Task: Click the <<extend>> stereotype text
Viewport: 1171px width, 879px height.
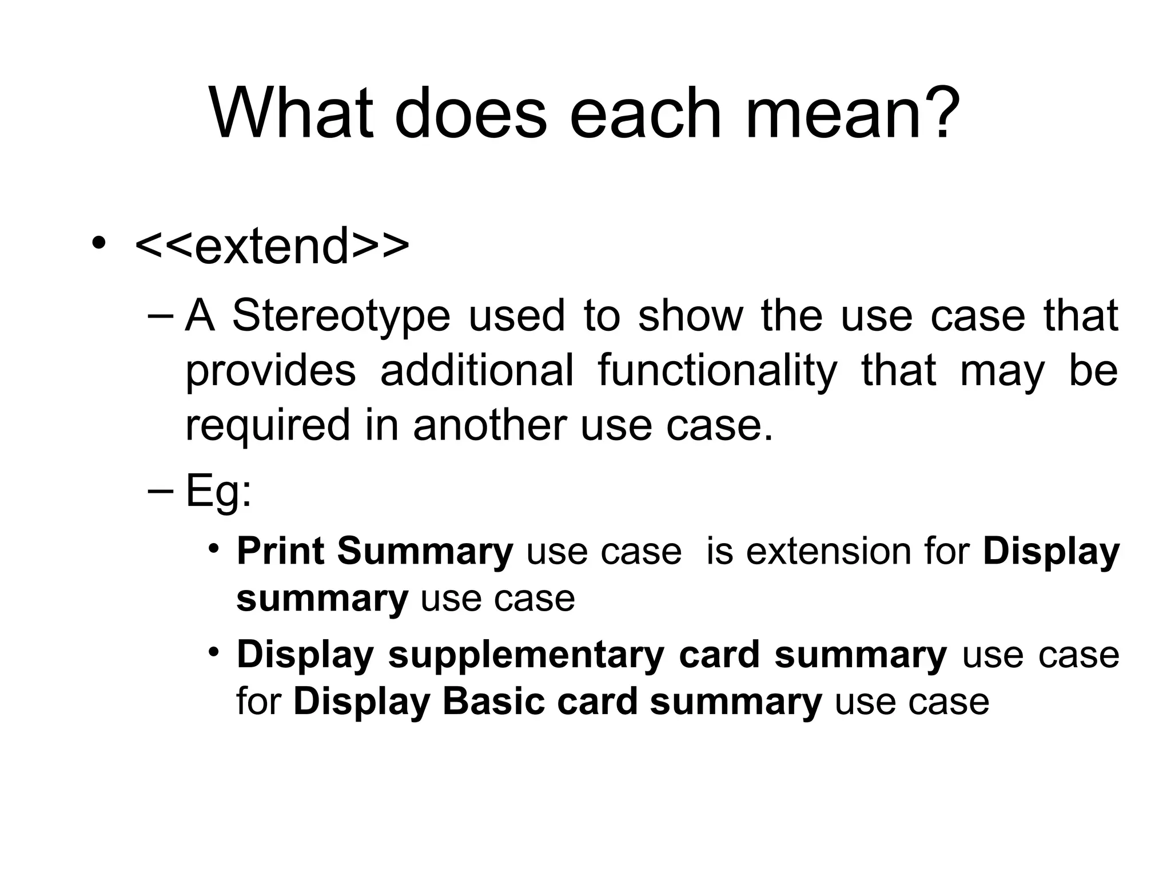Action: click(x=272, y=246)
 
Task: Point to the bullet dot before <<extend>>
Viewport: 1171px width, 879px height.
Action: click(x=99, y=243)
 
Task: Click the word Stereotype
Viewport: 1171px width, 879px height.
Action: click(x=341, y=315)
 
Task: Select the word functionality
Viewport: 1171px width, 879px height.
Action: click(x=717, y=370)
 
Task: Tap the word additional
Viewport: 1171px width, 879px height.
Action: click(x=476, y=370)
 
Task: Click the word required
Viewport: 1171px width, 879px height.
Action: click(x=267, y=425)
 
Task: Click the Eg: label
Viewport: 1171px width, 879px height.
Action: click(x=218, y=492)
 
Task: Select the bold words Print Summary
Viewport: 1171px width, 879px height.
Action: click(x=375, y=552)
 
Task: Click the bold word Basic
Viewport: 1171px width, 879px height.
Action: click(x=493, y=702)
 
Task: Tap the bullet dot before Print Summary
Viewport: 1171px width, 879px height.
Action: click(x=213, y=549)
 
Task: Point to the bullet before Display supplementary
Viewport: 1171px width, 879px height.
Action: click(x=213, y=652)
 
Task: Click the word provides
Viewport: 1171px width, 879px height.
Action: click(x=270, y=370)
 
